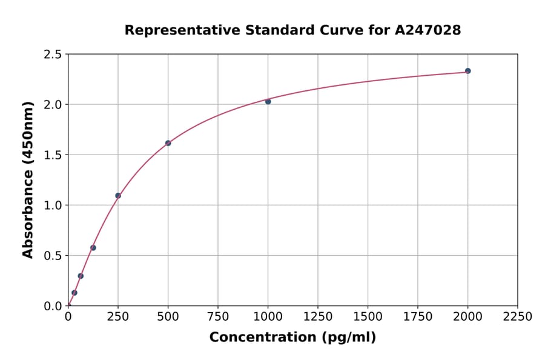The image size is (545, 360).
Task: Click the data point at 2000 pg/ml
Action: pos(467,71)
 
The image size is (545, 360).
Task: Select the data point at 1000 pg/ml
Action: pos(268,102)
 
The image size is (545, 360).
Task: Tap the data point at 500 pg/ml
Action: pos(168,143)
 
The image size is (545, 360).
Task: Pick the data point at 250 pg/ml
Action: pos(118,196)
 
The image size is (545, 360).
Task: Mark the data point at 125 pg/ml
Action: pos(93,248)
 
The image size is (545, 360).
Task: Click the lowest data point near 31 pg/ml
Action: pos(74,293)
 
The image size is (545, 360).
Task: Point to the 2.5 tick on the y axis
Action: pos(53,55)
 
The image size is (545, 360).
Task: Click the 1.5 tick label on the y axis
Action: pos(53,155)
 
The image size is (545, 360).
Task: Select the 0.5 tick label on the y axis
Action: pos(53,256)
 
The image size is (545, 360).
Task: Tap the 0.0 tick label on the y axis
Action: pos(53,306)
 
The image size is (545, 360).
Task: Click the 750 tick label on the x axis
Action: pos(218,317)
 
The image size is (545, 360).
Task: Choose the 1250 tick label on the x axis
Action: pos(318,317)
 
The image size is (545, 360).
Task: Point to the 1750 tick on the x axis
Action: pos(418,317)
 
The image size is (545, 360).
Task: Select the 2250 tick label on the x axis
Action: pos(518,317)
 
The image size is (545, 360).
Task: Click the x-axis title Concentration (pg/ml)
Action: pos(292,338)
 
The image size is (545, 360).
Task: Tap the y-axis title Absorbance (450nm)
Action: pos(28,180)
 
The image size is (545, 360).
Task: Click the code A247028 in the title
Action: pos(428,30)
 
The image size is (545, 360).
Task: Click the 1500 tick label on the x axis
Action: pos(368,317)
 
